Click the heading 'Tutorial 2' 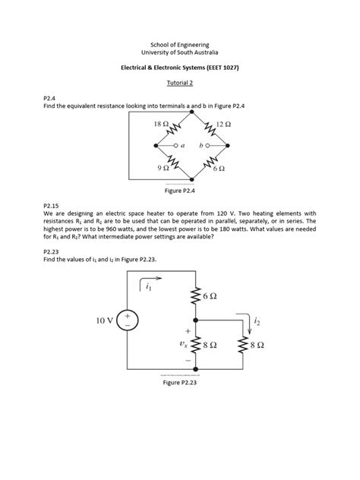(x=180, y=83)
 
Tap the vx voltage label (x=182, y=343)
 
